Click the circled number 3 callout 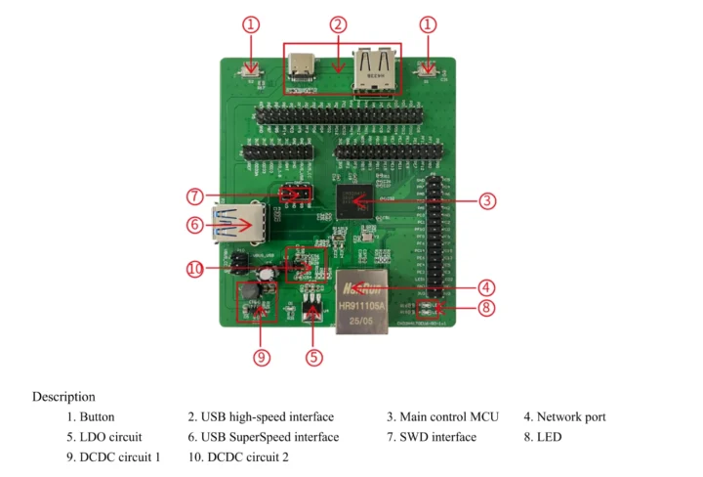[x=487, y=200]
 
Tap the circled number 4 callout [x=487, y=287]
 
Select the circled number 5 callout [x=313, y=357]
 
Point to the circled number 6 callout [x=194, y=225]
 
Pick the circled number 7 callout [x=194, y=195]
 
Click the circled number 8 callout [x=487, y=309]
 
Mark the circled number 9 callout [x=261, y=357]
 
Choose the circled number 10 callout [x=194, y=268]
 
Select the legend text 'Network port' [x=570, y=417]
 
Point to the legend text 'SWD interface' [x=437, y=437]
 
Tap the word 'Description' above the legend [x=63, y=397]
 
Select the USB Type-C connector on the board [x=304, y=68]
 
